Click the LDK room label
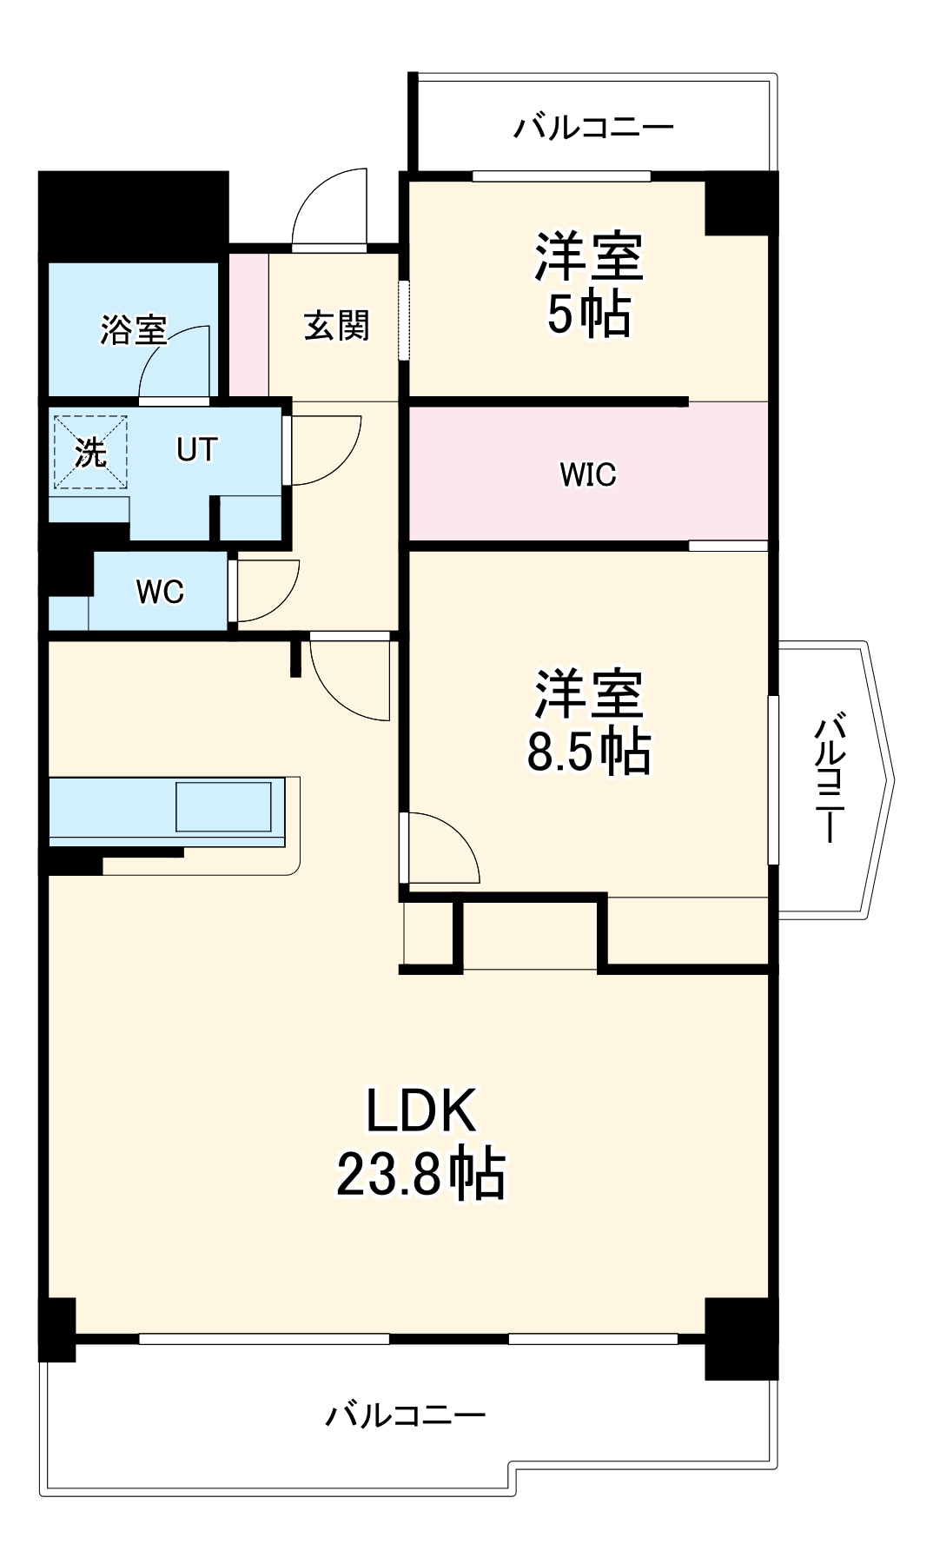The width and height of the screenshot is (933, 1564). tap(421, 1110)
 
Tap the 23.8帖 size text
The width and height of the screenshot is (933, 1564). tap(421, 1174)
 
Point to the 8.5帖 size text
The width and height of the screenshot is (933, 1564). tap(588, 751)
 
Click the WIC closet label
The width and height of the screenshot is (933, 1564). tap(588, 474)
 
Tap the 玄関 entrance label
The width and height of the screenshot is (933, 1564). tap(336, 326)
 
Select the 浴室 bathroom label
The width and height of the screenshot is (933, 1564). tap(133, 329)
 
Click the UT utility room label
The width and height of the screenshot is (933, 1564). tap(196, 450)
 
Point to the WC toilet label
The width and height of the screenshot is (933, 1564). tap(160, 592)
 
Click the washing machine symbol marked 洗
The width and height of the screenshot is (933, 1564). tap(90, 453)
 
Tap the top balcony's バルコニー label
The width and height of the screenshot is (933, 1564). tap(593, 129)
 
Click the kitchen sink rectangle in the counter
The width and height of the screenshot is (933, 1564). tap(223, 807)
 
